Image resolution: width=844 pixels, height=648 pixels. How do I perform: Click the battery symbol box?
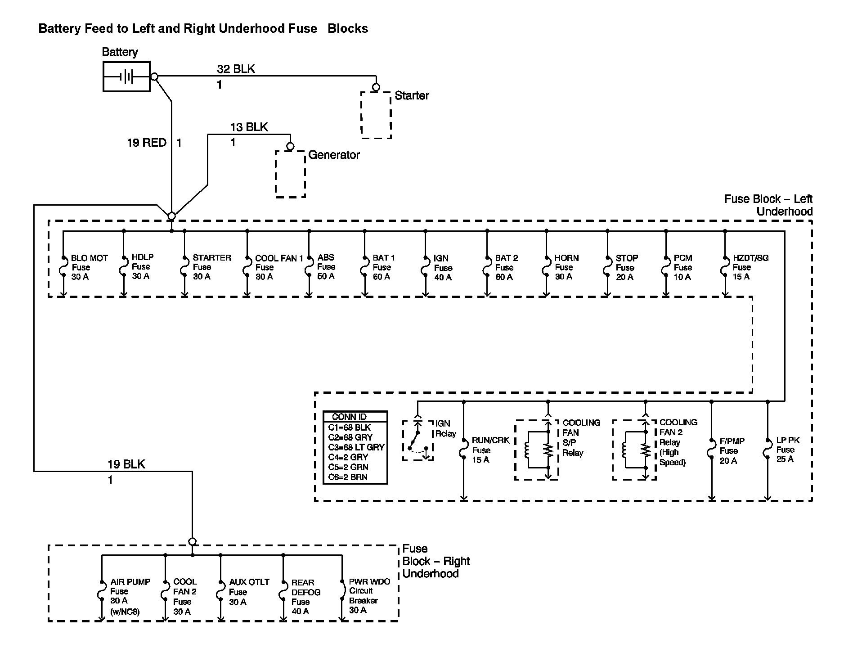pos(126,76)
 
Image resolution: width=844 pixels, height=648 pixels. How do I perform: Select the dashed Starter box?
pos(376,115)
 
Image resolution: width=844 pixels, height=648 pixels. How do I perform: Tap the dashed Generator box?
pos(290,174)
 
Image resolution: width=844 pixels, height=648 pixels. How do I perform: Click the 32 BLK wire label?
pos(236,69)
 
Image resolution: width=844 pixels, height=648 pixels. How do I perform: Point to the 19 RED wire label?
pos(147,143)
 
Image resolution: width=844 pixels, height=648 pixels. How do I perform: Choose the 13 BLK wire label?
pos(249,127)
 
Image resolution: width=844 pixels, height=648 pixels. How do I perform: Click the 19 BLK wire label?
pos(126,464)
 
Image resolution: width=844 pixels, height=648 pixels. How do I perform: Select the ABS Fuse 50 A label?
pos(326,267)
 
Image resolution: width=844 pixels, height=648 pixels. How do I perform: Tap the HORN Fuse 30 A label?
pos(566,267)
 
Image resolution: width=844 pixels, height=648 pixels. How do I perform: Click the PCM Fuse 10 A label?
pos(682,267)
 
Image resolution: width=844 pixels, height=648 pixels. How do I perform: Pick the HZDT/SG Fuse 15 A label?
pos(750,267)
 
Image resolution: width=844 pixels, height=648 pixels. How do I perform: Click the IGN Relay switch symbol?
pos(418,441)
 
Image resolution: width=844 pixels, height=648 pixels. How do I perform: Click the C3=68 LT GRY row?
pos(356,447)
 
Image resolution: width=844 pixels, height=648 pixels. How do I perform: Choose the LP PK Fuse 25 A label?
pos(788,450)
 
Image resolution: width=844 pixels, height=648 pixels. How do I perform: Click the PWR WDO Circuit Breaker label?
pos(369,596)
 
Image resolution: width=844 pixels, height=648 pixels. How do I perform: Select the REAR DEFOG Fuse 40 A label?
pos(305,597)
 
